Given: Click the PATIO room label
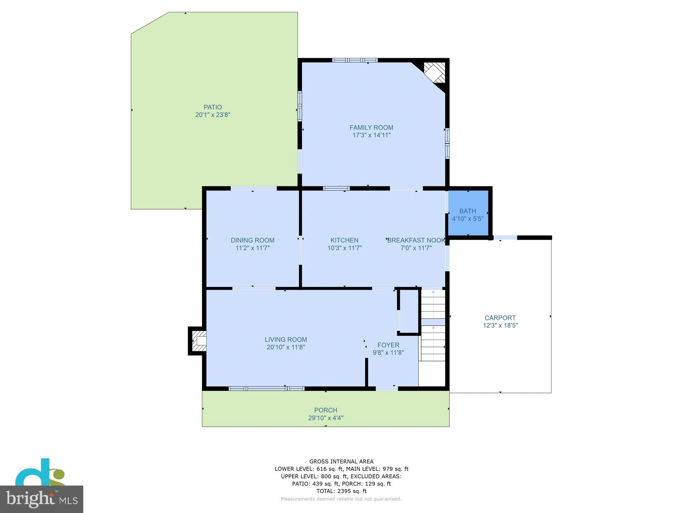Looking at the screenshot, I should [213, 107].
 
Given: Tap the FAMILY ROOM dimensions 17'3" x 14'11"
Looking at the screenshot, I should [371, 135].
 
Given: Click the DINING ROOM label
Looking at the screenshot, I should [253, 240].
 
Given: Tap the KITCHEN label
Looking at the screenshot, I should [344, 240].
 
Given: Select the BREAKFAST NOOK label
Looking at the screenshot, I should [416, 240].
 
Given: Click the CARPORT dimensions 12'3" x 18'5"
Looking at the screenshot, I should [500, 325].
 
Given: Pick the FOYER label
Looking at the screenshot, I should [388, 345].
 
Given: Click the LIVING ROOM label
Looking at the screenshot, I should [286, 340].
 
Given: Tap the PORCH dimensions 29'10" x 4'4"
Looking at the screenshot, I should [325, 418].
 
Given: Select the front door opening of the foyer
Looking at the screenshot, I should [387, 388].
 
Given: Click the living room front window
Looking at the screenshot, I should [266, 388].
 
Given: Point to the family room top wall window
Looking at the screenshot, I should [355, 60].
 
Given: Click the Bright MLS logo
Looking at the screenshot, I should [42, 499].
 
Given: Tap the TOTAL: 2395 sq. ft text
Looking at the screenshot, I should [341, 491].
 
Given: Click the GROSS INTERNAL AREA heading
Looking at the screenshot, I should [341, 461].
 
